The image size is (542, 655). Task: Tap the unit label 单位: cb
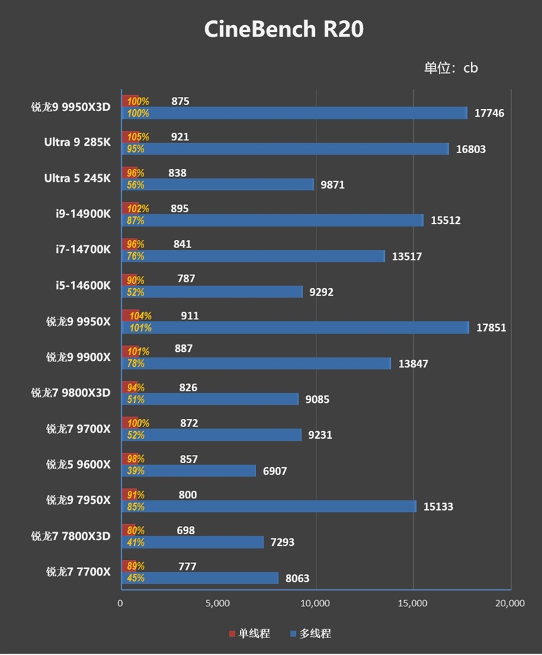(451, 68)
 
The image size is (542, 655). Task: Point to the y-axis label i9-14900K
(83, 214)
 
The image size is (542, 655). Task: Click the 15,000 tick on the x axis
(413, 603)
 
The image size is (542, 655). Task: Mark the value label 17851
(491, 327)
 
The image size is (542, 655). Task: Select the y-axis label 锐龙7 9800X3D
(70, 393)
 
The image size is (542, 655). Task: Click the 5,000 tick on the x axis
(218, 603)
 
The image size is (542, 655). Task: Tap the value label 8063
(298, 578)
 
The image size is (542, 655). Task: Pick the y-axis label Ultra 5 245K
(77, 178)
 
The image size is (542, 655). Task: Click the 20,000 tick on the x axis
(509, 603)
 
